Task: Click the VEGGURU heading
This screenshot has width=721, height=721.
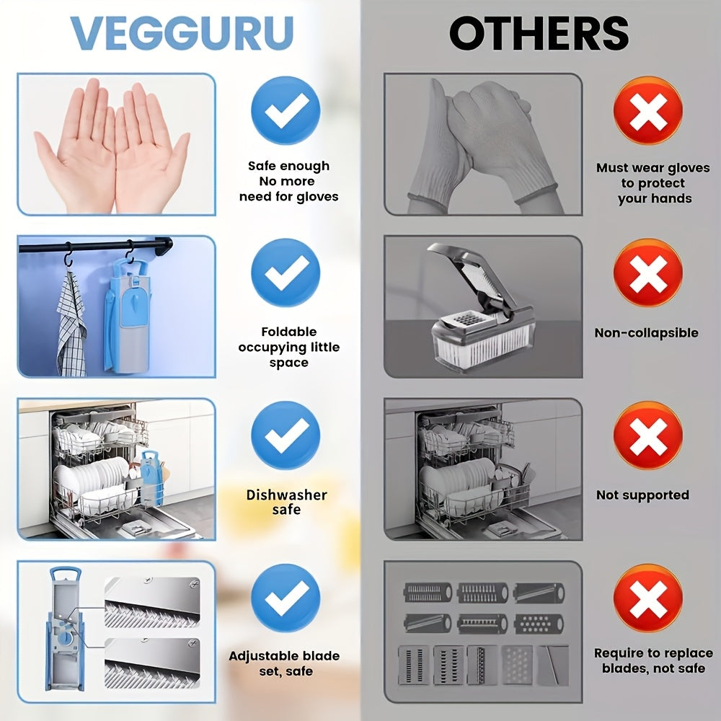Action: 182,32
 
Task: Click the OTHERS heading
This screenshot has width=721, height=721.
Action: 539,32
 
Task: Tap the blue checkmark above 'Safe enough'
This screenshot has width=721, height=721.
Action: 286,110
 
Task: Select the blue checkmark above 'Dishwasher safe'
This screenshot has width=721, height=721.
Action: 286,435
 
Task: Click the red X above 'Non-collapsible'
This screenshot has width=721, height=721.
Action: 647,273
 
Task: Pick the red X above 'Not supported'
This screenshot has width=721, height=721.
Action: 647,435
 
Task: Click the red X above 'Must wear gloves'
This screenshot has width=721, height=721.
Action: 647,110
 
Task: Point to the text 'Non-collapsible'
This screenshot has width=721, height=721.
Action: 646,333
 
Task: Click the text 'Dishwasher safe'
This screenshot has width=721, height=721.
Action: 286,503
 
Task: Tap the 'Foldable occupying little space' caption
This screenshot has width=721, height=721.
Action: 288,348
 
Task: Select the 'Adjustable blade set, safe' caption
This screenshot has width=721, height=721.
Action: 284,664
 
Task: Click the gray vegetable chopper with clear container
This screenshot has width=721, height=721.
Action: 479,310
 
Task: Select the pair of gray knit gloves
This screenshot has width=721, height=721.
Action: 483,148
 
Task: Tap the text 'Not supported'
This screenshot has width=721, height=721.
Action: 642,495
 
